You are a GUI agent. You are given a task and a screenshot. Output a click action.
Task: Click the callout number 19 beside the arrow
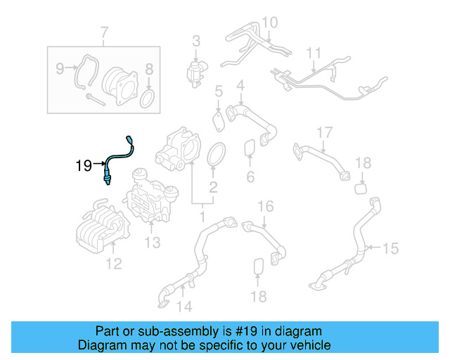(x=84, y=166)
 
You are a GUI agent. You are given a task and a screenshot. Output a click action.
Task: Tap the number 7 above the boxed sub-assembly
(x=105, y=32)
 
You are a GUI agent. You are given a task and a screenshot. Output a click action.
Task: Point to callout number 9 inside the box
(x=60, y=68)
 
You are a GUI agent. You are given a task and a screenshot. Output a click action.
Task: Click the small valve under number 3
(x=195, y=71)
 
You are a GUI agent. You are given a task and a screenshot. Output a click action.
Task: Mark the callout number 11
(x=313, y=53)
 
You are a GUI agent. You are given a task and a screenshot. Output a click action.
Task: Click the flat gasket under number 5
(x=220, y=120)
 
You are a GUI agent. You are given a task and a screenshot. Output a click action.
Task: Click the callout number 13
(x=152, y=243)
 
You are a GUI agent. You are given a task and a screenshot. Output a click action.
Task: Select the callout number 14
(x=184, y=306)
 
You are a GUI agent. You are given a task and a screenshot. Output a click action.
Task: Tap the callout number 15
(x=390, y=247)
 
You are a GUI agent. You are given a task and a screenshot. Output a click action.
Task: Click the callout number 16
(x=264, y=206)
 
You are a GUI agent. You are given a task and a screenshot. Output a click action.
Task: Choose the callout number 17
(x=323, y=132)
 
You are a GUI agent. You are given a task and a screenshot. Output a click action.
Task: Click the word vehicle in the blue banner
(x=309, y=345)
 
